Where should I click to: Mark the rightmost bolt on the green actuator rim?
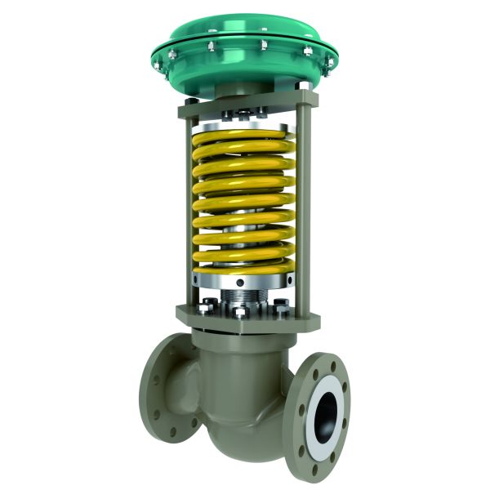330,60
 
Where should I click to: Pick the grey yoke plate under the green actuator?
245,105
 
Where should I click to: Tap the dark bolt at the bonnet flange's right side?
282,310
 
